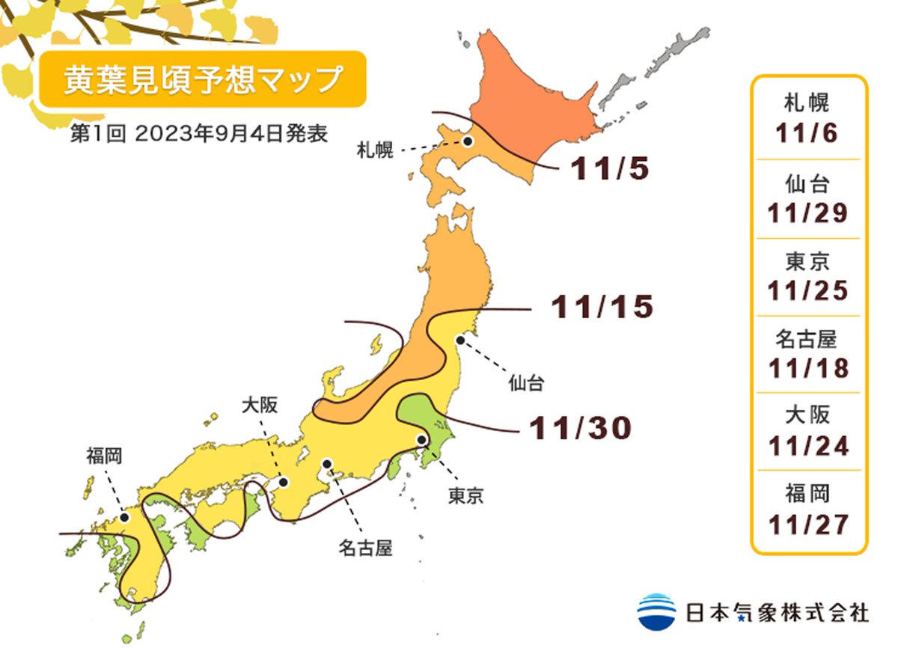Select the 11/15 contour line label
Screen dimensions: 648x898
click(602, 307)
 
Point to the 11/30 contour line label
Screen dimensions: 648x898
click(580, 427)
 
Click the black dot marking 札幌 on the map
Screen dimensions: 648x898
click(468, 141)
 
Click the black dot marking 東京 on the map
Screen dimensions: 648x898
click(421, 440)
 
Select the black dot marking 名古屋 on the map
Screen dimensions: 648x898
click(327, 464)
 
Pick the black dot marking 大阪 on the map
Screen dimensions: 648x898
click(284, 483)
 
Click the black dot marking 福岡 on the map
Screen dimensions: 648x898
click(125, 517)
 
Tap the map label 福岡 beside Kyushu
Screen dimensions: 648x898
click(104, 455)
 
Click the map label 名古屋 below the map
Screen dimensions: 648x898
click(364, 550)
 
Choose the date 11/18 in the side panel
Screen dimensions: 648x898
click(807, 368)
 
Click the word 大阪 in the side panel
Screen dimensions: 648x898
click(807, 415)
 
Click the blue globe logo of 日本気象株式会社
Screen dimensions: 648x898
click(657, 611)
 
